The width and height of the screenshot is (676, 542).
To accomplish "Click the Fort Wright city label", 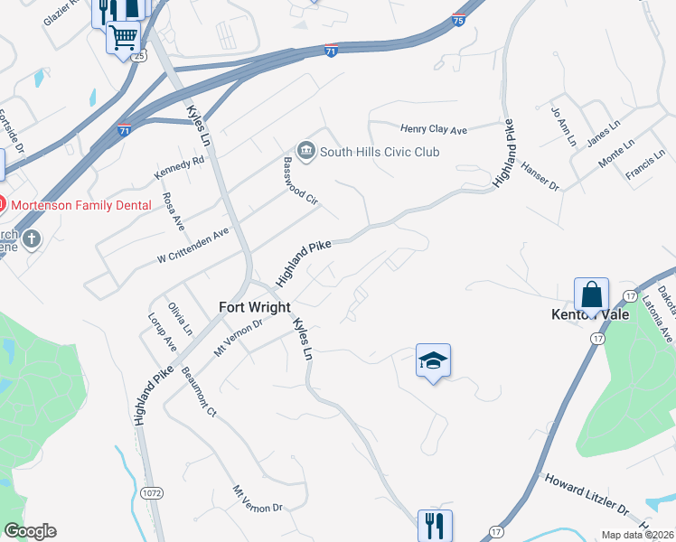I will click(x=255, y=307).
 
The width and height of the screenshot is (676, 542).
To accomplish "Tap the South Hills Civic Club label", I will click(x=379, y=152).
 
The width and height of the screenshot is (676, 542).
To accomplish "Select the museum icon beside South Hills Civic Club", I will click(x=305, y=151).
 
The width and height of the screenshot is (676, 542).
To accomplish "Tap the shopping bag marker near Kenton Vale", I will click(x=591, y=294).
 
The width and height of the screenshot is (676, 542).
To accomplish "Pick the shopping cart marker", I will click(x=123, y=38).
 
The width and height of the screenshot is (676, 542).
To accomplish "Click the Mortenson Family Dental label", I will click(x=80, y=205).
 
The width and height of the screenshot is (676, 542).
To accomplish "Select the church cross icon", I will click(x=32, y=239).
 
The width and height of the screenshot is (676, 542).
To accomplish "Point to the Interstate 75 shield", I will click(x=459, y=20).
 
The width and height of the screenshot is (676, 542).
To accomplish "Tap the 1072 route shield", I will click(x=152, y=492).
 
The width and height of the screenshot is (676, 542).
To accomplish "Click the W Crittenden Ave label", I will click(x=192, y=246).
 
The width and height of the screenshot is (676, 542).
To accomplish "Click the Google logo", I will click(x=31, y=531).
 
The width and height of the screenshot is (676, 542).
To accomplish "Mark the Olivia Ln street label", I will click(x=180, y=320).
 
